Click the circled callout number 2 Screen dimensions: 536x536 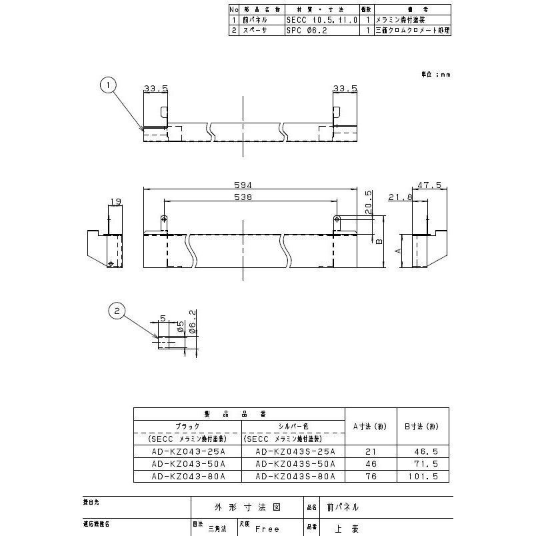117,310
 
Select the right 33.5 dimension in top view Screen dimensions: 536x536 345,87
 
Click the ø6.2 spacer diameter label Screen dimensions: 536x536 192,323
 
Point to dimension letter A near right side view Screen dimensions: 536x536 397,251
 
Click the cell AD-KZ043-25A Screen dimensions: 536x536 187,451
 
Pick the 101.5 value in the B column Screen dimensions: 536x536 424,476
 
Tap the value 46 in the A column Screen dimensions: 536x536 371,463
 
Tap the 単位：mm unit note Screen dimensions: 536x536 435,75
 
